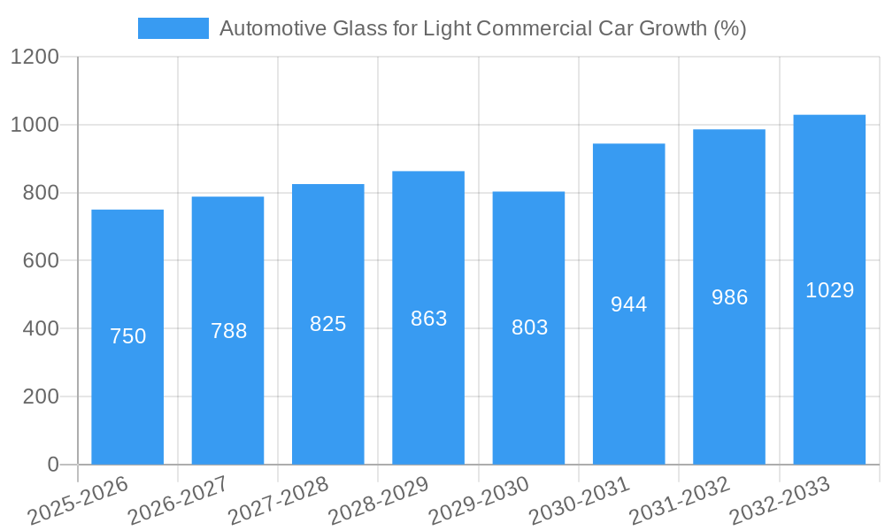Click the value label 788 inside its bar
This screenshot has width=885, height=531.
tap(228, 331)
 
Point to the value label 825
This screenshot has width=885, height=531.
tap(328, 324)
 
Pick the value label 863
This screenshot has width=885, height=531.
tap(428, 319)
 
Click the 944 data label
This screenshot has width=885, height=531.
tap(629, 304)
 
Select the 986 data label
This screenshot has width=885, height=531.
tap(729, 297)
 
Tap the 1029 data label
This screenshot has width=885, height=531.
tap(829, 290)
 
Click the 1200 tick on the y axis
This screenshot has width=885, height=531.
tap(35, 58)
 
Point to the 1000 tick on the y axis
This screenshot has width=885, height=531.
tap(35, 125)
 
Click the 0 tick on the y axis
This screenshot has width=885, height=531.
tap(52, 465)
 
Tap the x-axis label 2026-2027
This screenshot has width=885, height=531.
tap(178, 501)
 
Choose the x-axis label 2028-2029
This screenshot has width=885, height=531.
tap(379, 501)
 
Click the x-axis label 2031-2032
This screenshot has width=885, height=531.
tap(680, 501)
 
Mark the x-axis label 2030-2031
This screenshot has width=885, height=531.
tap(580, 501)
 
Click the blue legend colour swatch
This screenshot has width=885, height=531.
tap(173, 28)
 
